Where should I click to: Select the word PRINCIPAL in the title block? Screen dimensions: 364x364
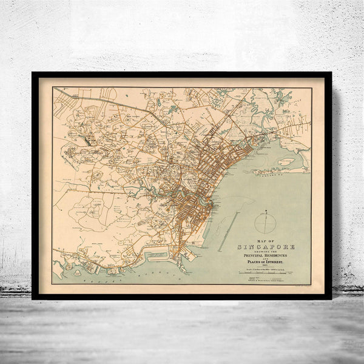tap(254, 241)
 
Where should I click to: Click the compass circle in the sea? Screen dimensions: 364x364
tap(265, 223)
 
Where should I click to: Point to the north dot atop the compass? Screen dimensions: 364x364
tap(265, 211)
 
